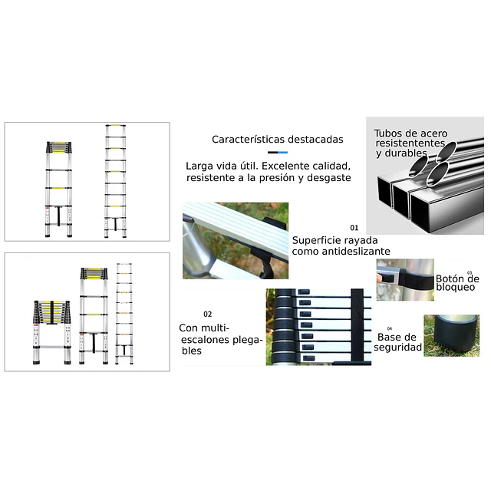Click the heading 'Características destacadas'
pos(278,140)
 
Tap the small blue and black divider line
pos(278,153)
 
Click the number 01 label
pos(354,228)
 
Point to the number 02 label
pos(208,314)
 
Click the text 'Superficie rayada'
pos(334,240)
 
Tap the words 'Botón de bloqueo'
pos(457,283)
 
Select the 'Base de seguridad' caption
pos(397,342)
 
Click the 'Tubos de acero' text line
pos(410,133)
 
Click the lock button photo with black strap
pos(405,279)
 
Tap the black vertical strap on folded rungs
pos(357,325)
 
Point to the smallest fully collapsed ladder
pos(52,332)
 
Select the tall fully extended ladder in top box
pos(115,181)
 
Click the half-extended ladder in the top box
pos(58,189)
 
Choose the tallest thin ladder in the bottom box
pos(124,314)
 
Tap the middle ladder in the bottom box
pos(94,315)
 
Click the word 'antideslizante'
pos(357,252)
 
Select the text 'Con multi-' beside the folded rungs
pos(204,328)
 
